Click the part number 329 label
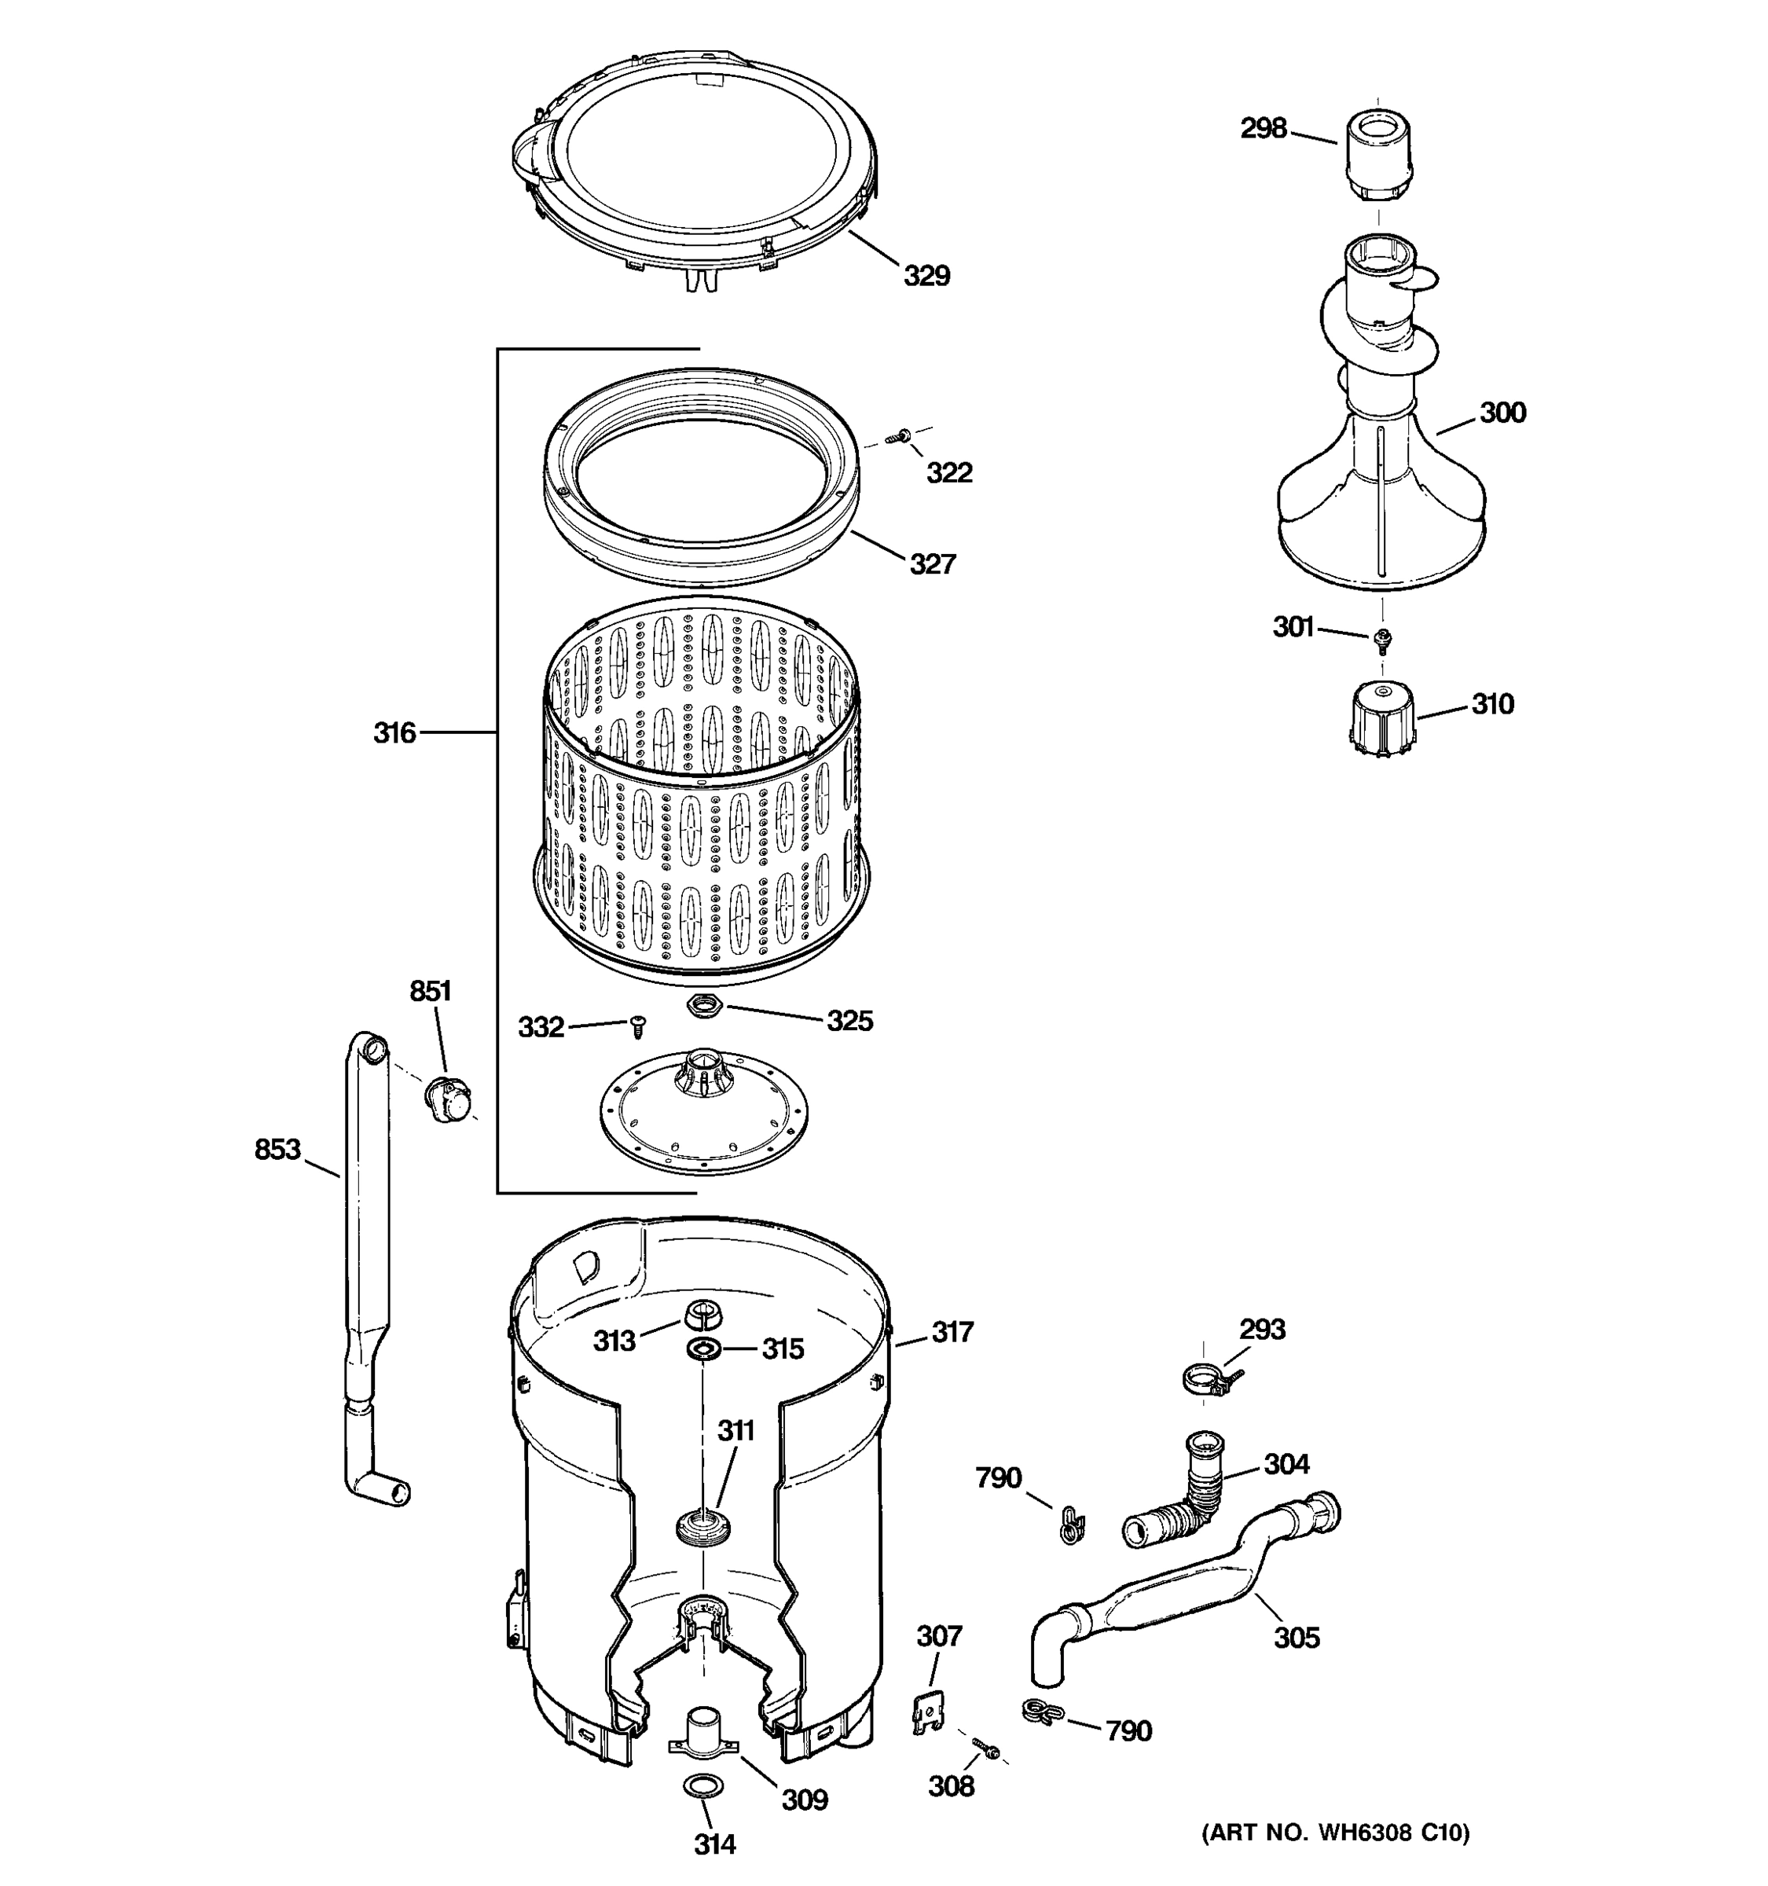[926, 276]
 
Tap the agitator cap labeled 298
[1375, 154]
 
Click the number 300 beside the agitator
[1502, 413]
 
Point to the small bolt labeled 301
[1383, 640]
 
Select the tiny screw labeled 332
[638, 1026]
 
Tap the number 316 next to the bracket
[394, 732]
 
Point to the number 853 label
[277, 1150]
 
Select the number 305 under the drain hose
[1296, 1638]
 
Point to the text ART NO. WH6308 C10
[1336, 1833]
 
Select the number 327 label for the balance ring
[933, 564]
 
